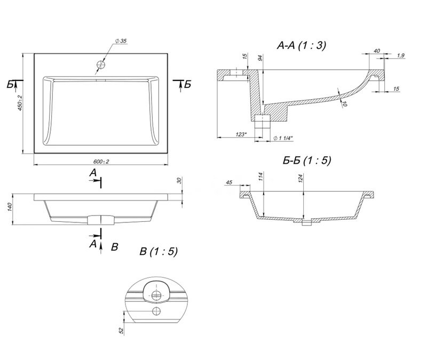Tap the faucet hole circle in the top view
[100, 65]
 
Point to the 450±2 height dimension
[20, 103]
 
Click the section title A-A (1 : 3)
[301, 46]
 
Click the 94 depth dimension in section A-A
[260, 58]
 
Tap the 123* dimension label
[241, 134]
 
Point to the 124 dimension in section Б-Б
[301, 179]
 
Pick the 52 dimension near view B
[122, 330]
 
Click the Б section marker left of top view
[11, 85]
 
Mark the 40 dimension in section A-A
[377, 51]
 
